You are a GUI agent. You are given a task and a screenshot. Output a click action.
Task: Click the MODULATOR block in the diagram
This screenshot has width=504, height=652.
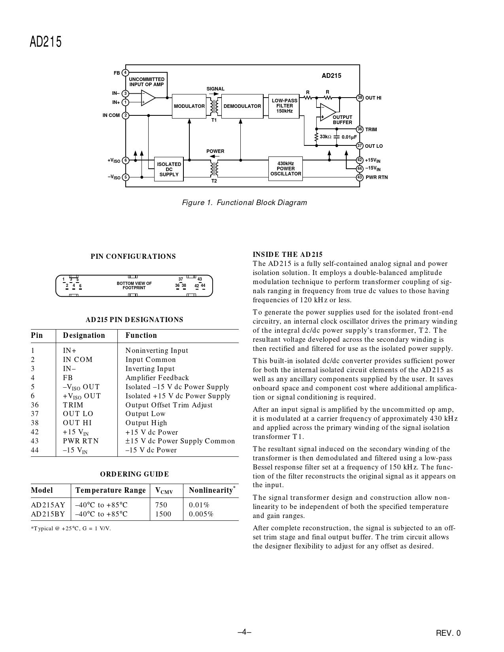click(189, 106)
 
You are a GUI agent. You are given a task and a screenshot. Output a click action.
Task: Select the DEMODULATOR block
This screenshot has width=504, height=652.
click(242, 106)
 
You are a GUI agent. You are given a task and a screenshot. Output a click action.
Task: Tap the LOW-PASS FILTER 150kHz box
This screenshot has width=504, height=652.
click(285, 106)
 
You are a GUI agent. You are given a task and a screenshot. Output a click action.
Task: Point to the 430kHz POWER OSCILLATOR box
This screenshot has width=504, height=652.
click(285, 169)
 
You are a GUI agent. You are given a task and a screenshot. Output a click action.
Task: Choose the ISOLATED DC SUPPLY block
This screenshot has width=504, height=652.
click(169, 169)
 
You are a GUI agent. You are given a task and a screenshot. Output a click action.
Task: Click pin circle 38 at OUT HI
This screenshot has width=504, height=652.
click(360, 98)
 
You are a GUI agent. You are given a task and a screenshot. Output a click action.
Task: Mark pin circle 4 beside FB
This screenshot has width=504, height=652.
click(125, 73)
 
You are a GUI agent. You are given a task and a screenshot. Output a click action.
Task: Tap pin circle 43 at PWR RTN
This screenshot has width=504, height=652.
click(360, 177)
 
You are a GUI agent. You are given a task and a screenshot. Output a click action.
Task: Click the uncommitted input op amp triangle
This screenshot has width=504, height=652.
click(147, 98)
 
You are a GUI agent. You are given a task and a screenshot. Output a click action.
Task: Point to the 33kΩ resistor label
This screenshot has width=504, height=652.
click(325, 137)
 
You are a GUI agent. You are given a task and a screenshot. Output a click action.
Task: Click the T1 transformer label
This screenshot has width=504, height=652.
click(214, 120)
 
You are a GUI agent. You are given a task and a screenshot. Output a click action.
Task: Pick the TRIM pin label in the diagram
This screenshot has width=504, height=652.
click(371, 130)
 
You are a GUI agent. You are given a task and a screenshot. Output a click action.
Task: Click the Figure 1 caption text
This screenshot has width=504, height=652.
click(244, 203)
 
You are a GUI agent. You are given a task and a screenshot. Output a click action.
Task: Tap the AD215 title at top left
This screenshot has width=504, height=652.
click(46, 42)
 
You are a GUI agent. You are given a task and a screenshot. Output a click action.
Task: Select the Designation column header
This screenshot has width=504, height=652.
click(84, 335)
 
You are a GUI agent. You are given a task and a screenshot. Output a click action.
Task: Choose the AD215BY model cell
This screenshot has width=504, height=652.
click(48, 514)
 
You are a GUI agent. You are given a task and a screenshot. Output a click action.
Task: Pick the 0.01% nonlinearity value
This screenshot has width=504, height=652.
click(199, 505)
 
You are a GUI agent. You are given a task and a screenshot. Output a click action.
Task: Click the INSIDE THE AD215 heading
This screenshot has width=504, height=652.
click(287, 254)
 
